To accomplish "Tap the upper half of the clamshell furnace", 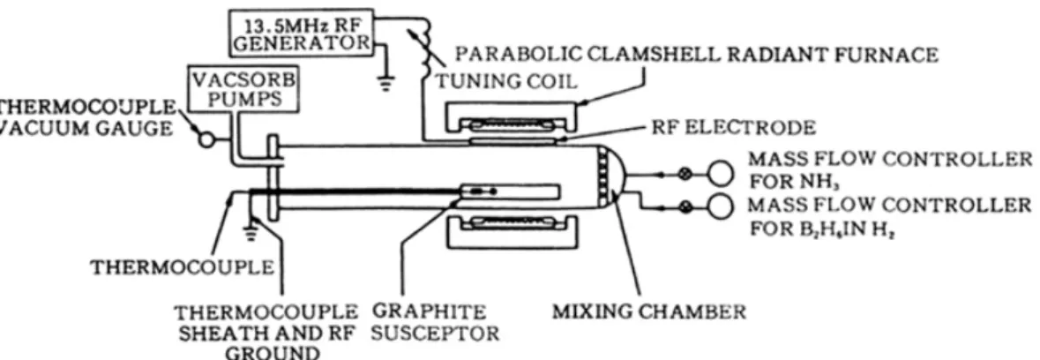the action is (x=509, y=118).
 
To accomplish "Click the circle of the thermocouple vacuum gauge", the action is (x=207, y=140).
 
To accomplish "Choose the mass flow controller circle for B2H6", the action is (x=721, y=206).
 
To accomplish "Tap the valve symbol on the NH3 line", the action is (x=686, y=175).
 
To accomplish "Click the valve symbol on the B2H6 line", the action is (x=686, y=206).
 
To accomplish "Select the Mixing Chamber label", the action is (x=648, y=311).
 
